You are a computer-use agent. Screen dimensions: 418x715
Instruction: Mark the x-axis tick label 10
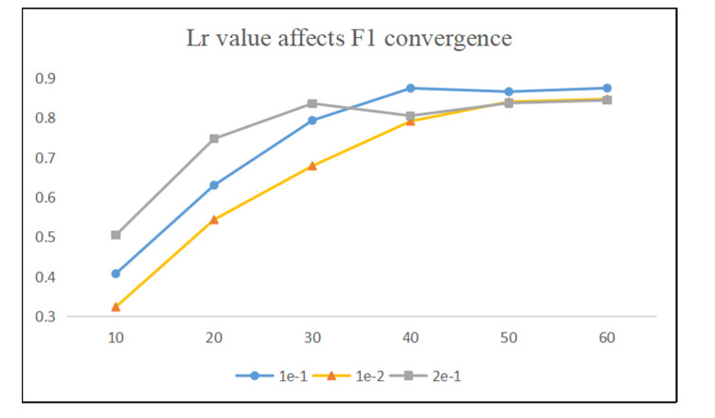116,337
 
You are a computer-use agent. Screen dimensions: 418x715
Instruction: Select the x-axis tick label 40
410,337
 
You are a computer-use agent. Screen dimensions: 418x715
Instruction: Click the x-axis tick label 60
607,337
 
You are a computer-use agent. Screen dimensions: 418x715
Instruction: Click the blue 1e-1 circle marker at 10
116,274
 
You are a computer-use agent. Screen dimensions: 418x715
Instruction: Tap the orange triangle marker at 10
116,307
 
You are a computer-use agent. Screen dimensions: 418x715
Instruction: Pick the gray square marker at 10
116,235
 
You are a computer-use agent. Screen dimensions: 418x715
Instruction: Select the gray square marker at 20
214,138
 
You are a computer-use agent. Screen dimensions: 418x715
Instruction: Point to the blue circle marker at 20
214,186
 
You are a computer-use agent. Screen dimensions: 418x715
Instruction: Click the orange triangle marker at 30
313,166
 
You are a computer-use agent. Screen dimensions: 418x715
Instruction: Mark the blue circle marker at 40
410,88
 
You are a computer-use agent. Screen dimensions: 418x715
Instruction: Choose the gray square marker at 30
313,103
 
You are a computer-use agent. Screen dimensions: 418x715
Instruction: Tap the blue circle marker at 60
607,88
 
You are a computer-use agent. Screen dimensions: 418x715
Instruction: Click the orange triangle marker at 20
214,219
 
